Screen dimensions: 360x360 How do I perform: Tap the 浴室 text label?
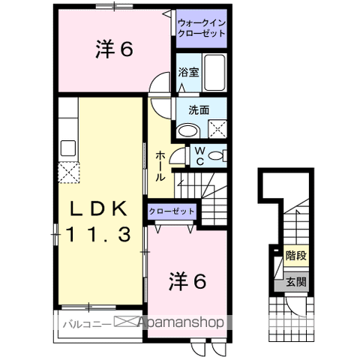(x=187, y=73)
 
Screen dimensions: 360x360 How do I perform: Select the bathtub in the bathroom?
(x=213, y=72)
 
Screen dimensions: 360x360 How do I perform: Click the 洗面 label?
(x=198, y=109)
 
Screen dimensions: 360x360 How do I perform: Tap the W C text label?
(x=199, y=156)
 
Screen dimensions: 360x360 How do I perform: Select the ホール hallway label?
(x=160, y=166)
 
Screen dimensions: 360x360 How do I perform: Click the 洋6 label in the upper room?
(x=114, y=49)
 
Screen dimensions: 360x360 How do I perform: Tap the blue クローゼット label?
(x=172, y=212)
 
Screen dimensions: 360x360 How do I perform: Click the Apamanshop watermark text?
(x=178, y=323)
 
